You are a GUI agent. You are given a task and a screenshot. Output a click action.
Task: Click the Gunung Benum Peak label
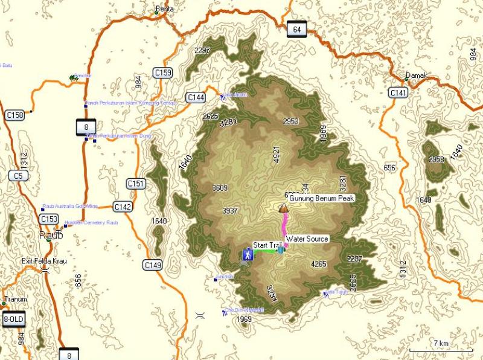[x=321, y=198]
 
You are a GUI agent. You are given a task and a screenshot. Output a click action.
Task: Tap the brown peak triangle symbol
[x=283, y=208]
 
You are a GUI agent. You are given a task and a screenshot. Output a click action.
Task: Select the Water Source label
[x=307, y=239]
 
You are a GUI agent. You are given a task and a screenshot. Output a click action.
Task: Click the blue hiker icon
[x=248, y=254]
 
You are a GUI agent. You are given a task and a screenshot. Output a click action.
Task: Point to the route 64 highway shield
[x=295, y=30]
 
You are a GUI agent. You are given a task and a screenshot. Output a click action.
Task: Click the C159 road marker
[x=162, y=73]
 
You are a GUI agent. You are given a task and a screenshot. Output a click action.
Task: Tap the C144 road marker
[x=196, y=97]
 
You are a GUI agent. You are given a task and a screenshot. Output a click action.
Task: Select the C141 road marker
[x=398, y=92]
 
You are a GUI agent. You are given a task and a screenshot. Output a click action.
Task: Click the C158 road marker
[x=14, y=115]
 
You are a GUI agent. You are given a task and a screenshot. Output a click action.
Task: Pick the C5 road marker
[x=18, y=176]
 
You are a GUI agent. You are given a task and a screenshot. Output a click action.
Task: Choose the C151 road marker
[x=136, y=183]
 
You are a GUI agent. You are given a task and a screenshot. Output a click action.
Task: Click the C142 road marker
[x=123, y=207]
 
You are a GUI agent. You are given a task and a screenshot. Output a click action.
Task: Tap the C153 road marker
[x=49, y=219]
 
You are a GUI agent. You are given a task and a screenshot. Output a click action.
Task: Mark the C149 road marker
[x=153, y=265]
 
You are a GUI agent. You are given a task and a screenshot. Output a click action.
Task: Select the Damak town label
[x=416, y=76]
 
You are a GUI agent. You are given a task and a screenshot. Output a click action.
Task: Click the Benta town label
[x=164, y=10]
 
